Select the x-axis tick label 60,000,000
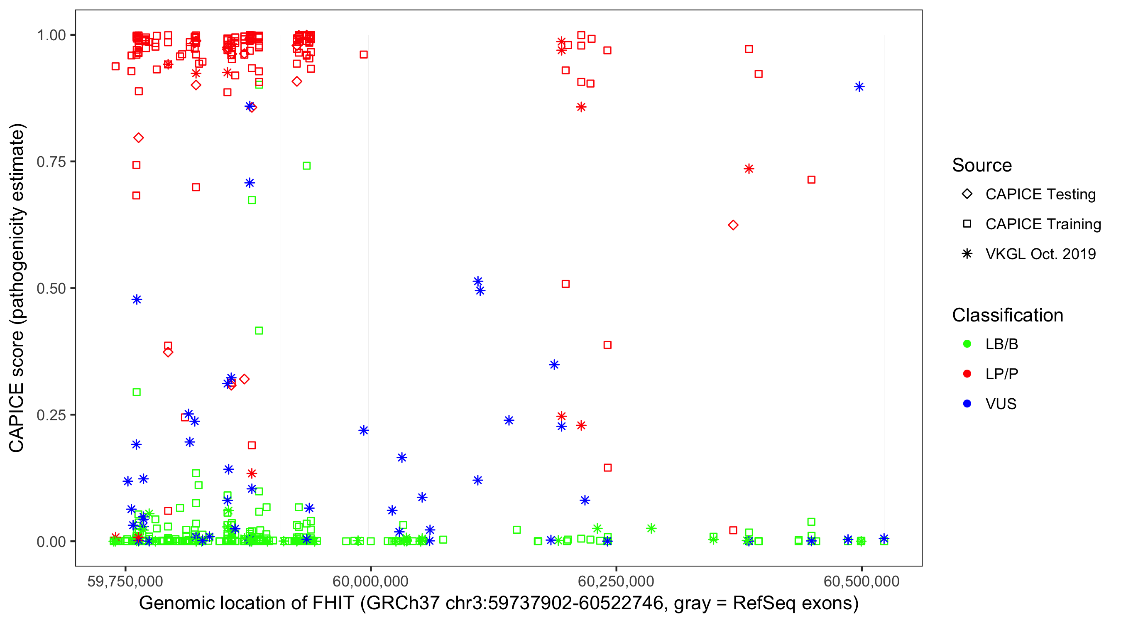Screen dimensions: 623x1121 370,581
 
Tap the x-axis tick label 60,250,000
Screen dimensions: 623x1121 616,581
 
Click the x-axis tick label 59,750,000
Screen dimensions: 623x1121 125,581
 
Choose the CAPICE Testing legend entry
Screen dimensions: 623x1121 1040,194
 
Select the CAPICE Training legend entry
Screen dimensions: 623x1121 1043,224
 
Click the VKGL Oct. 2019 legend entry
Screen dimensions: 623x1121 1040,254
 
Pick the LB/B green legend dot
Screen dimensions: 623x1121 967,344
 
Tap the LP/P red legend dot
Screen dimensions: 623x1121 967,374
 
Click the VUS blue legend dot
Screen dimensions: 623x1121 967,404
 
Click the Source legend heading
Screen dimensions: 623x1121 982,165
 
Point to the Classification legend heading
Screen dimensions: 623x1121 1007,315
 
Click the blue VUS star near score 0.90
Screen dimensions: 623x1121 859,87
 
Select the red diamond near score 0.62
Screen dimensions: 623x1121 733,225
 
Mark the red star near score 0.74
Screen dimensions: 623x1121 749,169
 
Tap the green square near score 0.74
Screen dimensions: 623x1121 306,166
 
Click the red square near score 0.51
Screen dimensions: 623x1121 565,284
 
